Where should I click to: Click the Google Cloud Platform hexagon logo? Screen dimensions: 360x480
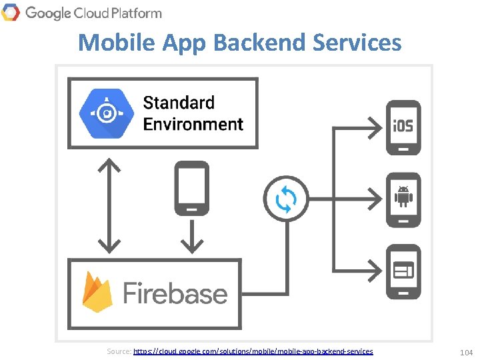coord(11,12)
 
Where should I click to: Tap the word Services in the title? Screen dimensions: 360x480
coord(361,43)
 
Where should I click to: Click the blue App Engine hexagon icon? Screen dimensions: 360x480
coord(105,113)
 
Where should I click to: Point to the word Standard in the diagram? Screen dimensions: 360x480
coord(179,103)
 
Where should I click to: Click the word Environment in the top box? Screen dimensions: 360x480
coord(193,124)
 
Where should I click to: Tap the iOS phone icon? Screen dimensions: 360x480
coord(404,127)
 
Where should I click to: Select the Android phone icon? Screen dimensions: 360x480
coord(404,199)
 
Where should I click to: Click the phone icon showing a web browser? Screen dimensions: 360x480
coord(404,271)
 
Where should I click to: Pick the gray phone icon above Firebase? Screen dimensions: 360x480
coord(191,188)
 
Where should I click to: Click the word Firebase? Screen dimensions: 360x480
coord(175,293)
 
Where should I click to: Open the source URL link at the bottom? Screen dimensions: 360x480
coord(253,351)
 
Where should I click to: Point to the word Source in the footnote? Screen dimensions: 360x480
coord(119,351)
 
